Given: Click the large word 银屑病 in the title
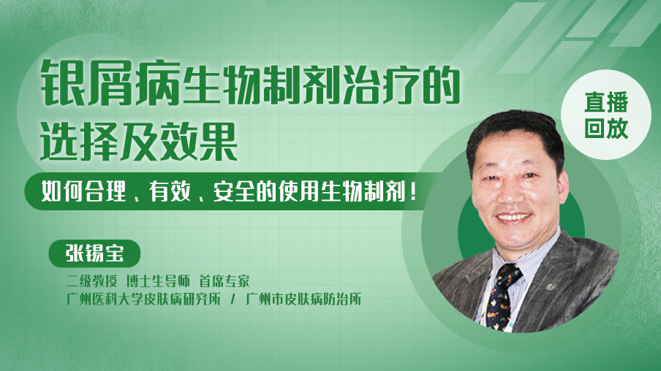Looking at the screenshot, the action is click(111, 83).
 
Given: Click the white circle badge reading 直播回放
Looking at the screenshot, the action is click(606, 115).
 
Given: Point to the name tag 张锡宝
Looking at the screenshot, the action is click(94, 253).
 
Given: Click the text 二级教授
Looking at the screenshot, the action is click(91, 281).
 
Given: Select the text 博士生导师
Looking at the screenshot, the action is click(158, 281).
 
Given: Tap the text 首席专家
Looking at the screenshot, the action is click(224, 281).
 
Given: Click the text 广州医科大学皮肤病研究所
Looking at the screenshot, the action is click(143, 299).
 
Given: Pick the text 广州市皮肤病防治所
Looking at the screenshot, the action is click(303, 299).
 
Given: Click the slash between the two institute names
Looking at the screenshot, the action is click(233, 299).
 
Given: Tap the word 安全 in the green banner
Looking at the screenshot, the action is click(234, 191).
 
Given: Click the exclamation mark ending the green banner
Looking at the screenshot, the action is click(413, 192).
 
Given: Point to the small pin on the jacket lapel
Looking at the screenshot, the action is click(550, 287).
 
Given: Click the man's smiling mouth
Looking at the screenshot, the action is click(514, 218).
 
